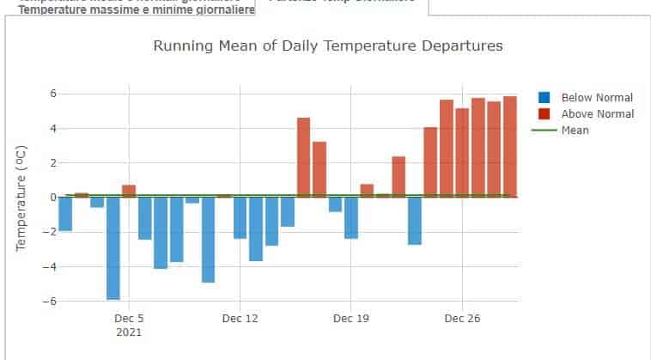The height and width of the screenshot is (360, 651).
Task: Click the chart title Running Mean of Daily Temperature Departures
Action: (x=327, y=46)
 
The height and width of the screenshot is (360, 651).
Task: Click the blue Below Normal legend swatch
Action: (x=545, y=98)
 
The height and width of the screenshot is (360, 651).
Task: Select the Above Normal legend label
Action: (x=597, y=114)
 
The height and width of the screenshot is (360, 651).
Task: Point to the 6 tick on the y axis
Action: (x=52, y=94)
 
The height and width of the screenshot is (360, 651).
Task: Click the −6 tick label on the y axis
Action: (x=48, y=302)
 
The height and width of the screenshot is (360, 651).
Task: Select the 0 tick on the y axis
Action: (x=52, y=198)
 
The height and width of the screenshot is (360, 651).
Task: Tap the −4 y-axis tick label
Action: (x=48, y=267)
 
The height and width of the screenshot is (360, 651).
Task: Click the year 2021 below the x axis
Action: (x=129, y=332)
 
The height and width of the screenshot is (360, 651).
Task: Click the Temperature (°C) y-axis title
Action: (x=21, y=198)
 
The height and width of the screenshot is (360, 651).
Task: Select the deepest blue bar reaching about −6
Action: (x=113, y=248)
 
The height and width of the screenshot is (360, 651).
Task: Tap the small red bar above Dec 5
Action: (x=129, y=191)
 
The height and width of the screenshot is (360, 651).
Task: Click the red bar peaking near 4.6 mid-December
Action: (x=303, y=157)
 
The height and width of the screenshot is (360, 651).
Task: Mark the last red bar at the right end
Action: (x=509, y=147)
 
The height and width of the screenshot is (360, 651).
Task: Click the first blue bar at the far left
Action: (x=65, y=214)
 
